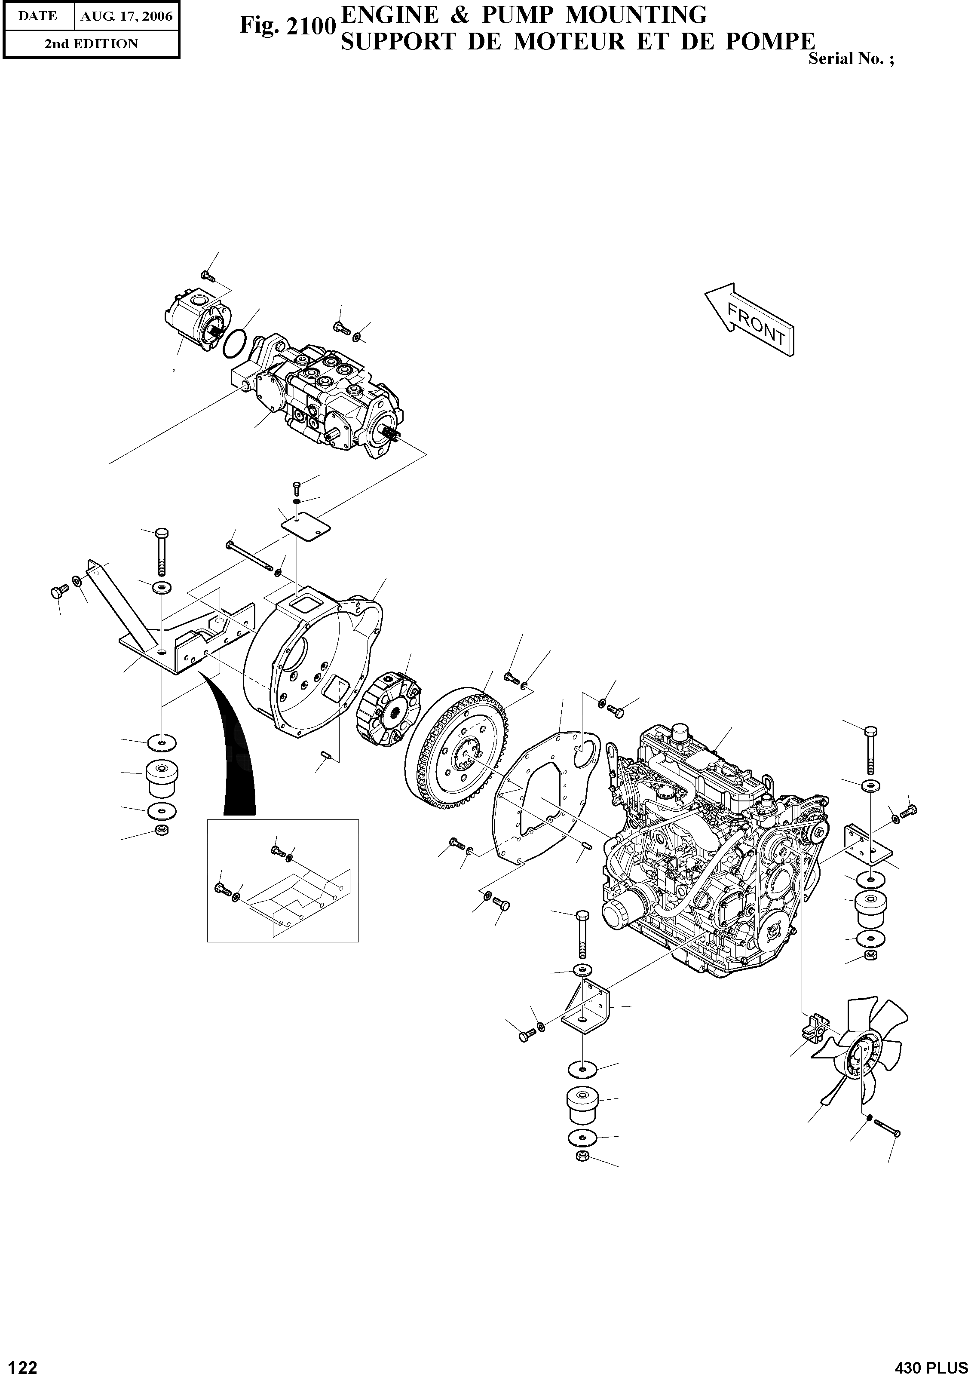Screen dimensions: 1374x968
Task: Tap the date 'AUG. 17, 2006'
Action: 126,16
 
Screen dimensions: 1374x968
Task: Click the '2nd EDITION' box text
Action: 91,44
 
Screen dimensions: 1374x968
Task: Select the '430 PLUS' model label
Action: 930,1365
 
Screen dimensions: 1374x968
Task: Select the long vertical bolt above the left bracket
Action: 162,552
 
